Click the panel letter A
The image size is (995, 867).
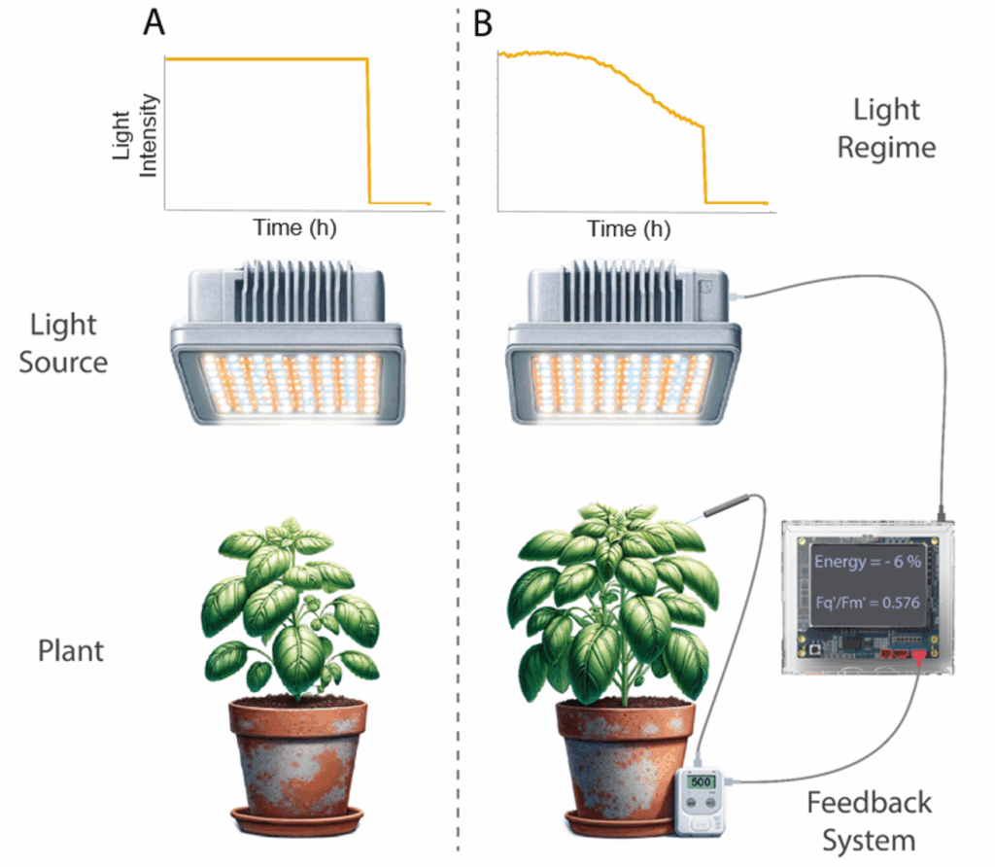pos(154,22)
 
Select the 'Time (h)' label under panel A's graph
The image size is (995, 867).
pos(295,228)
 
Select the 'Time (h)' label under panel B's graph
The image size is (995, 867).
pos(629,229)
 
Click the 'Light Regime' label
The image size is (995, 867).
pos(887,128)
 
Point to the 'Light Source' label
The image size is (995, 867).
pos(68,342)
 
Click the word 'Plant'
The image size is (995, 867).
pos(70,649)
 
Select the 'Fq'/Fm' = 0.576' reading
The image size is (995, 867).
pos(867,603)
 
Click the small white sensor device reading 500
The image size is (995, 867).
pos(703,797)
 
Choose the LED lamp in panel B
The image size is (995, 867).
pos(621,345)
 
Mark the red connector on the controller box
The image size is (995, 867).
pos(915,660)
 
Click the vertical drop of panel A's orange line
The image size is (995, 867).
pos(368,131)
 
